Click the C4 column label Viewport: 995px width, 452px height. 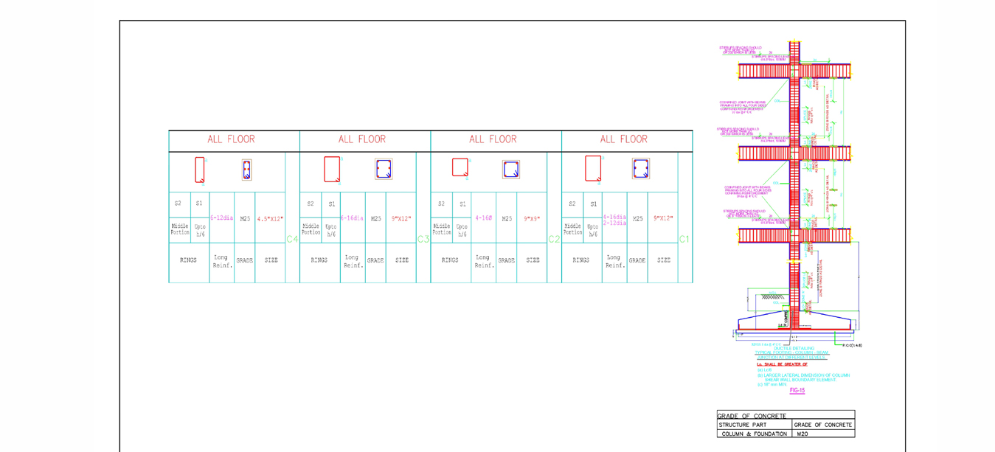click(292, 239)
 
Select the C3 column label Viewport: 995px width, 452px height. click(423, 239)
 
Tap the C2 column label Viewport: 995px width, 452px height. click(554, 239)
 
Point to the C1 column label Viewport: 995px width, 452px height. click(685, 239)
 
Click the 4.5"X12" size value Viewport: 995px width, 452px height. click(270, 219)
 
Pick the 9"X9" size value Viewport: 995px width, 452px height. click(532, 219)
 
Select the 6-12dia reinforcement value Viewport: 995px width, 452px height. click(221, 218)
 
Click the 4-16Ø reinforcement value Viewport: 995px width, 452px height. click(484, 218)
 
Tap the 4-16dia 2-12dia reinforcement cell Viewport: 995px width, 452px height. click(614, 220)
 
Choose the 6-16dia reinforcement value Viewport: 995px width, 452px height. click(352, 218)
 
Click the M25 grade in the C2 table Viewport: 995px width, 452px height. click(507, 219)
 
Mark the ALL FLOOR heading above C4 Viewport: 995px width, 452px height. click(231, 139)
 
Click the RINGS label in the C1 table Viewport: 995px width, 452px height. click(581, 260)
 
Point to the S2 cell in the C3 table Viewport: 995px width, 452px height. click(311, 204)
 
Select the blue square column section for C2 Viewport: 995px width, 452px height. click(510, 170)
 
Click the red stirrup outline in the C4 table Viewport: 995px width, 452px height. click(200, 170)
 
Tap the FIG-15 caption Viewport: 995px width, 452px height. click(797, 390)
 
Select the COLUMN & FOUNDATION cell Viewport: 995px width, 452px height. click(754, 434)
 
